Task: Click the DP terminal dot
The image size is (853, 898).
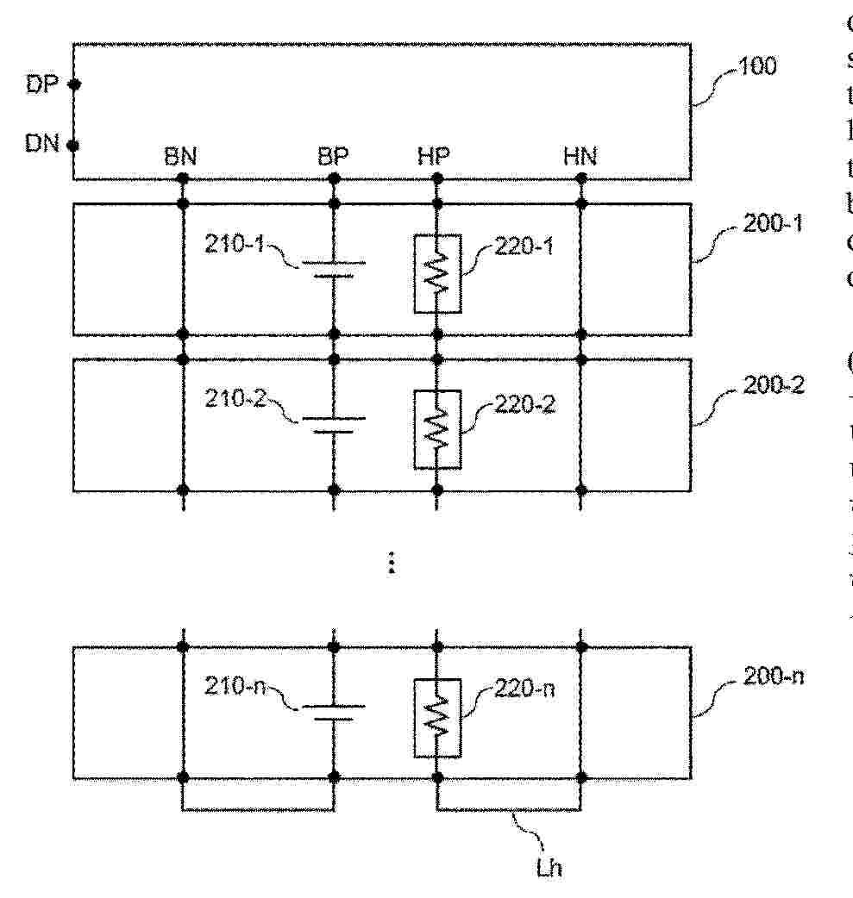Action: pos(74,84)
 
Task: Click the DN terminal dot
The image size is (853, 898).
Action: pos(74,146)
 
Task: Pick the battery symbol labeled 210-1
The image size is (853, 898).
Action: pos(333,269)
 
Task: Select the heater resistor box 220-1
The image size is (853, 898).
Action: pos(437,273)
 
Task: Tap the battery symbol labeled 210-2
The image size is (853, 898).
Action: pos(333,424)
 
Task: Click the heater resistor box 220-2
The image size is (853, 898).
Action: pos(437,429)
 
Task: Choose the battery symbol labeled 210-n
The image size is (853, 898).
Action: pos(333,712)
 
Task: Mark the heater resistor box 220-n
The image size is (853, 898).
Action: pos(437,718)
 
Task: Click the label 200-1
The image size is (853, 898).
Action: pos(773,226)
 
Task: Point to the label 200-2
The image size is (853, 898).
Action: pos(773,384)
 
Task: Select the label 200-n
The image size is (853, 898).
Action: pos(773,676)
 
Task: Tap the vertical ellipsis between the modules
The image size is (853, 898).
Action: pos(391,563)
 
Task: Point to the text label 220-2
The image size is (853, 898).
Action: pos(524,404)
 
